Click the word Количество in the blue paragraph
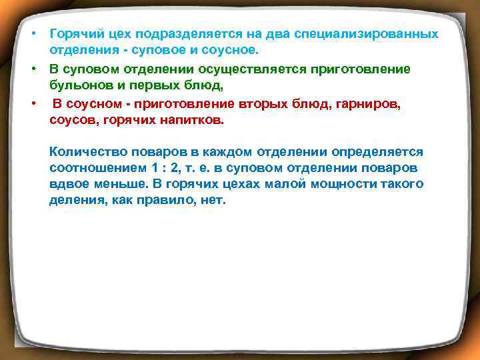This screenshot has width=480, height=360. coord(84,151)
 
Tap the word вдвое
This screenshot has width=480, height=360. coord(67,185)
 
